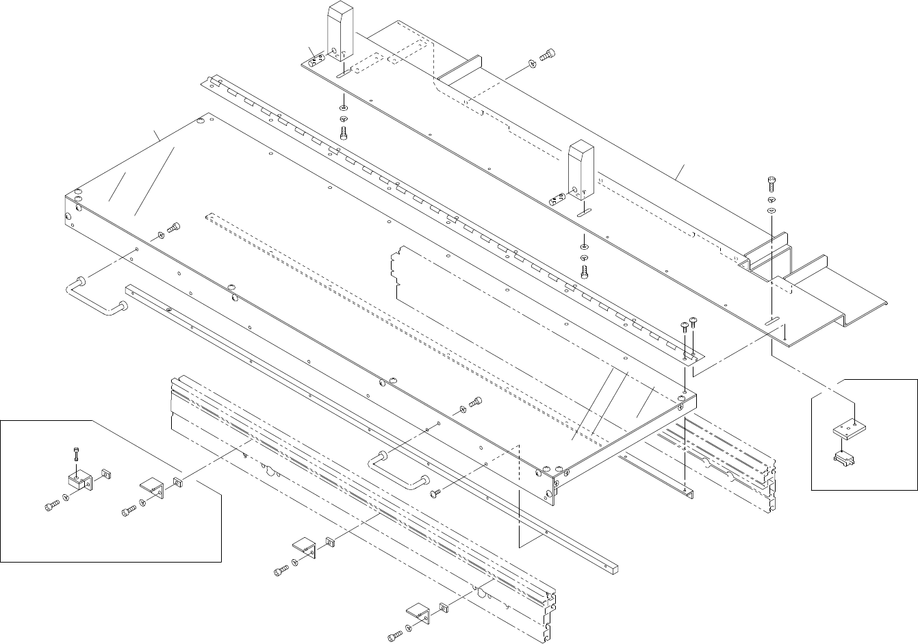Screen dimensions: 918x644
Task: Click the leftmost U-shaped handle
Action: coord(96,298)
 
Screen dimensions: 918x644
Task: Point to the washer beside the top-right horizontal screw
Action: coord(532,65)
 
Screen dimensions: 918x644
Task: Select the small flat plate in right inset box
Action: coord(850,428)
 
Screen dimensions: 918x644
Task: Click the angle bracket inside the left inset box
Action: coord(152,487)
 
